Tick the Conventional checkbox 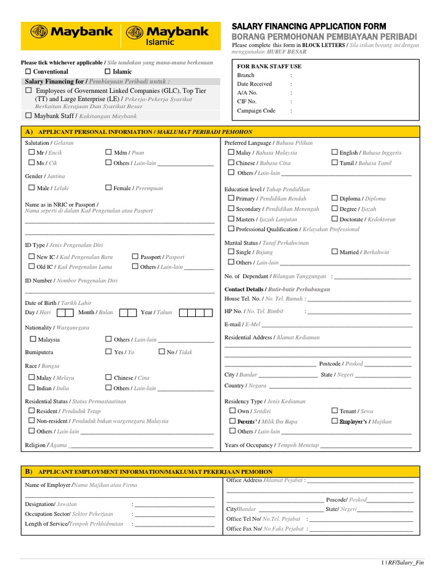tap(28, 71)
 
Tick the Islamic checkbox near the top tap(107, 71)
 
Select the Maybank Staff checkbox tap(28, 115)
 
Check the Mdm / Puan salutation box tap(109, 153)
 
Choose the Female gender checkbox tap(109, 188)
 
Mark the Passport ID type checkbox tap(135, 257)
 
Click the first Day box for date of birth tap(61, 313)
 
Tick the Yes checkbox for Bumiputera tap(109, 352)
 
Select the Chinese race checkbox tap(109, 378)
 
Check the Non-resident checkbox tap(32, 421)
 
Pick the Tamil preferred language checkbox tap(334, 163)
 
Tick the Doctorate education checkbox tap(334, 219)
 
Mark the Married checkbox tap(334, 252)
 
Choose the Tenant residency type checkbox tap(334, 411)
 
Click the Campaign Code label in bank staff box tap(256, 111)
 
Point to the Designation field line tap(175, 505)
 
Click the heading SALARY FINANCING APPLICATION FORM tap(308, 26)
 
